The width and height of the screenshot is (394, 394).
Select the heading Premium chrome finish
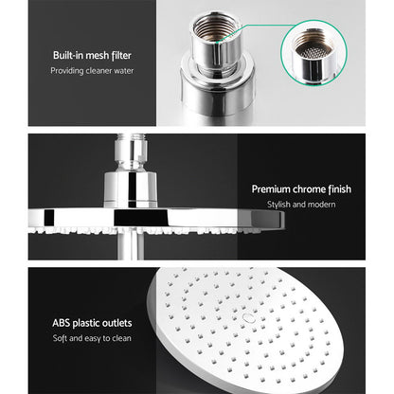[301, 189]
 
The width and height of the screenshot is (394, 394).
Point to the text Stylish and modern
[301, 205]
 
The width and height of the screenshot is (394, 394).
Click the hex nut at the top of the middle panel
[133, 152]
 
